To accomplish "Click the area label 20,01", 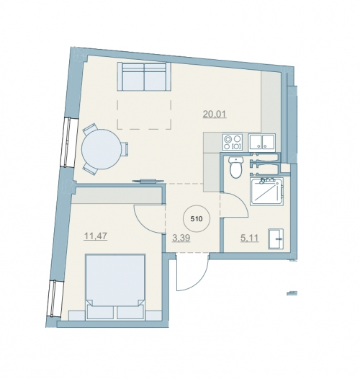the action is click(x=215, y=114).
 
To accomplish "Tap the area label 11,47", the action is click(x=96, y=236).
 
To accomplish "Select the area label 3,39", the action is click(x=181, y=238).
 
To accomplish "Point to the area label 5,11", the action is click(x=250, y=238).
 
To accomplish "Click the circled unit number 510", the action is click(x=197, y=219).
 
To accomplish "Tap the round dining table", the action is click(x=101, y=149).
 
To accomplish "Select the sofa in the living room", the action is click(x=144, y=76).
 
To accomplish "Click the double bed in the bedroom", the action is click(x=115, y=287).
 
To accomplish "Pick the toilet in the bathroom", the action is click(x=235, y=167).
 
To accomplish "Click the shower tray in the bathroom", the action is click(x=267, y=191).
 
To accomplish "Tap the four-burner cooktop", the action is click(x=233, y=143).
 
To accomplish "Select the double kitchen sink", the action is click(x=262, y=143).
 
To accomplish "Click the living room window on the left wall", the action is click(x=68, y=142).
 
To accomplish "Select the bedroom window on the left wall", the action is click(x=53, y=298).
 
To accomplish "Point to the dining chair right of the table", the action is click(x=125, y=150).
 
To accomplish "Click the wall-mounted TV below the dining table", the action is click(x=147, y=181).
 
